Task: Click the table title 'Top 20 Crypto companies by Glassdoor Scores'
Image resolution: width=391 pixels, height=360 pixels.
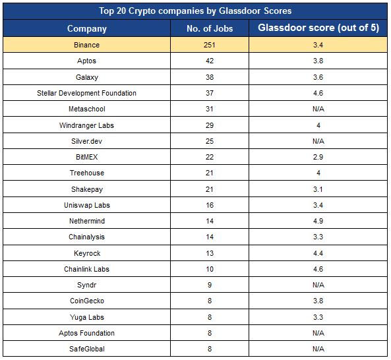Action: (x=195, y=11)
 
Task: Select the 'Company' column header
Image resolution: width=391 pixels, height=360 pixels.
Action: (x=87, y=28)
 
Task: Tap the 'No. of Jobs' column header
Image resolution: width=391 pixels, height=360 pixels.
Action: (x=210, y=28)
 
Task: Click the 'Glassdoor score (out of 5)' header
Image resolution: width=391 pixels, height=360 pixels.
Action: (x=318, y=28)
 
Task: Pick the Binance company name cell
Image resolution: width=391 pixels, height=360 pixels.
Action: (x=87, y=45)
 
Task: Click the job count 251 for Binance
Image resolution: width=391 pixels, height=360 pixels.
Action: (x=210, y=45)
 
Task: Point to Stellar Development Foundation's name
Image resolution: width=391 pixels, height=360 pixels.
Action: (x=87, y=93)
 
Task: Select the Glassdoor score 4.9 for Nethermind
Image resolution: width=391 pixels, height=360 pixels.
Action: (x=318, y=221)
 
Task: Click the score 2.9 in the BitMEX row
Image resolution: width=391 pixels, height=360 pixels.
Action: (x=318, y=157)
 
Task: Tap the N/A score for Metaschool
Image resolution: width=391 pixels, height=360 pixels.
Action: (x=318, y=109)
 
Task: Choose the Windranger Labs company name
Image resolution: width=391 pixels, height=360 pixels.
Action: (x=87, y=125)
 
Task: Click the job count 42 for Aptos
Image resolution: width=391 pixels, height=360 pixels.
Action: (x=210, y=61)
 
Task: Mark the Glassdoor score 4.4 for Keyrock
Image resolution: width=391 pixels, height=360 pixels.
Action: (x=318, y=253)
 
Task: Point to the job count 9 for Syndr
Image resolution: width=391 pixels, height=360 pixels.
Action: (x=210, y=285)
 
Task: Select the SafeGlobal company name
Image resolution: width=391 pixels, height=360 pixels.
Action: (x=87, y=349)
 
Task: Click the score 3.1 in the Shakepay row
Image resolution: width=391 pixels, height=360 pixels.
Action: (x=318, y=189)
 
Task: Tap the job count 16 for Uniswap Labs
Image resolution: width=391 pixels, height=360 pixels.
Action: (x=210, y=205)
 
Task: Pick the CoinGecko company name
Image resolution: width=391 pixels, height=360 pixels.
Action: (x=87, y=301)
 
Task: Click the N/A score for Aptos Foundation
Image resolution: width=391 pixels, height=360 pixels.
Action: (x=318, y=333)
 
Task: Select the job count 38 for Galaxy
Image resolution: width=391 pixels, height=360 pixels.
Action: (x=210, y=77)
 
